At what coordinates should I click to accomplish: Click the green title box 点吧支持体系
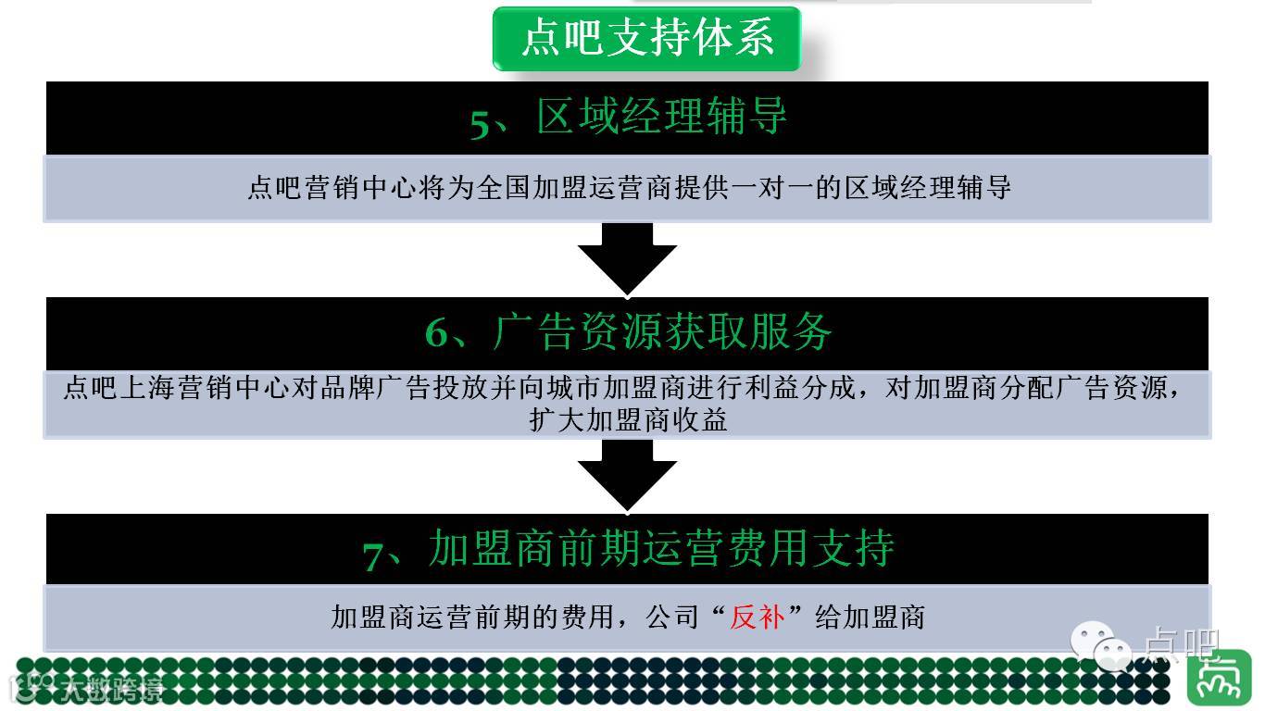tap(645, 39)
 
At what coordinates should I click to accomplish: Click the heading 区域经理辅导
tap(661, 118)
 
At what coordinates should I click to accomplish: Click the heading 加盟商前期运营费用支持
tap(661, 548)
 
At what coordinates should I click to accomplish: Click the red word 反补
tap(757, 617)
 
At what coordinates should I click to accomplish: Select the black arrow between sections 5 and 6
tap(627, 258)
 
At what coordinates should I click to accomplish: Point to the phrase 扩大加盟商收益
tap(628, 420)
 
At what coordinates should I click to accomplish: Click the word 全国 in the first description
tap(502, 188)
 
